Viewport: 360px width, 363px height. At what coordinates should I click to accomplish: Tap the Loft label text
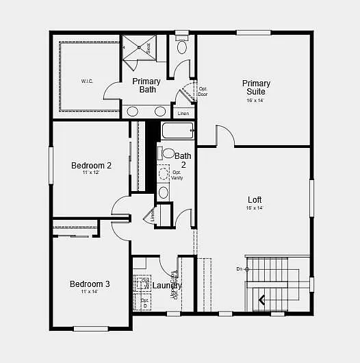(255, 200)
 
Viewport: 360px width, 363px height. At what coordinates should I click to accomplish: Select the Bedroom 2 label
(91, 165)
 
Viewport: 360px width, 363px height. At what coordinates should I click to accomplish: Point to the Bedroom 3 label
(90, 284)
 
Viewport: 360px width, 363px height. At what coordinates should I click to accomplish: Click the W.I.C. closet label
(88, 82)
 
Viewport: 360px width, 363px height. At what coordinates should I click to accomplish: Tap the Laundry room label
(167, 286)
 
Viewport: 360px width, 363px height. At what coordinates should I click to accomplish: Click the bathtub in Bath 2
(178, 131)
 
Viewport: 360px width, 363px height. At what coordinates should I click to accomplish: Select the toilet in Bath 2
(168, 153)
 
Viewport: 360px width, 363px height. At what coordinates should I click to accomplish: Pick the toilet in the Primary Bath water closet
(182, 47)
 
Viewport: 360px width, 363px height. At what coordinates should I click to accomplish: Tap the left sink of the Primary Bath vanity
(132, 111)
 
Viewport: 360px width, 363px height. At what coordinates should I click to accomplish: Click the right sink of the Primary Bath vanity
(160, 111)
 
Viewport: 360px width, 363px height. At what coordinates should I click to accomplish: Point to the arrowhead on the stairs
(261, 299)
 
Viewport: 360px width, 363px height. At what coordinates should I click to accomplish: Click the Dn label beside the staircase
(240, 269)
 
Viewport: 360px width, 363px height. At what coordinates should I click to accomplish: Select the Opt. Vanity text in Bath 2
(177, 175)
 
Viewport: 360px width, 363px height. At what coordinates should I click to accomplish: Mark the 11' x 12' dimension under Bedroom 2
(91, 173)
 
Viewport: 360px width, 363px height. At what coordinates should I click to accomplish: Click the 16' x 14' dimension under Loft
(255, 208)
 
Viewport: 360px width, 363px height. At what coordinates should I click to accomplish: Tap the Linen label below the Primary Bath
(182, 114)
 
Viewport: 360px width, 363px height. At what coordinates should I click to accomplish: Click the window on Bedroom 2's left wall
(51, 165)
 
